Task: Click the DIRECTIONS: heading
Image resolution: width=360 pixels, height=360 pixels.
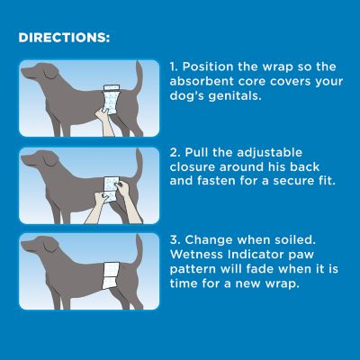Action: [64, 40]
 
